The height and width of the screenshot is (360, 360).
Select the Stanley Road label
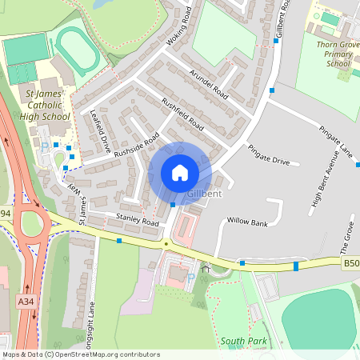click(x=138, y=218)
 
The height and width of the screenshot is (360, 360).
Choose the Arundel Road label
click(x=210, y=84)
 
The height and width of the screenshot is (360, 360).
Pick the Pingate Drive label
click(x=268, y=155)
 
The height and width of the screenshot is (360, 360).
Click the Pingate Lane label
click(x=335, y=140)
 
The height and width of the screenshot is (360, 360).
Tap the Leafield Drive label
click(x=101, y=130)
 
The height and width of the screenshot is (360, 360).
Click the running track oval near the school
click(x=78, y=49)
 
